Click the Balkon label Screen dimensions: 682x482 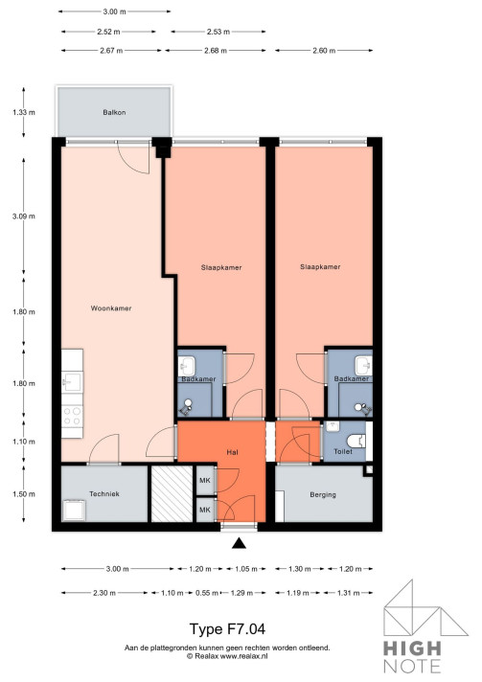[115, 113]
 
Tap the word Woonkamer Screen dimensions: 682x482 [110, 308]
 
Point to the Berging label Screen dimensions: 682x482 [323, 495]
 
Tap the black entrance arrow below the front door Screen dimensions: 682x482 [239, 544]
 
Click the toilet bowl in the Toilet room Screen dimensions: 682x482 [356, 441]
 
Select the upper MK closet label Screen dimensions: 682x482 [204, 481]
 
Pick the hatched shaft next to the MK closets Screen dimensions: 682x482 [172, 494]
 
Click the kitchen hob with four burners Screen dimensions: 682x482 [72, 416]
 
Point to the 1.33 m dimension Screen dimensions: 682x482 [24, 113]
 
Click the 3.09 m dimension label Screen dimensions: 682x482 [24, 216]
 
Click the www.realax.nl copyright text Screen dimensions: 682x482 [227, 656]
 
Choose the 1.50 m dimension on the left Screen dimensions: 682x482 [24, 494]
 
